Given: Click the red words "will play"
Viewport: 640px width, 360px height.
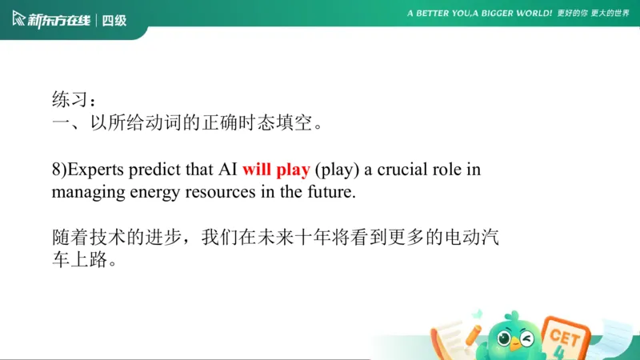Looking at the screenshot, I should (x=276, y=170).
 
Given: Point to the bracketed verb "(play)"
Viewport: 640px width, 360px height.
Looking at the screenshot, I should (x=336, y=170).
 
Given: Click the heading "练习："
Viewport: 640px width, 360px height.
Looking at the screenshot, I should (x=74, y=101).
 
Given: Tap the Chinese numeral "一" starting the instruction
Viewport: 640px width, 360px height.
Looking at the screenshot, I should (x=61, y=124).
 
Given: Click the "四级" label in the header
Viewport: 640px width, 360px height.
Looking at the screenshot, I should (x=114, y=20).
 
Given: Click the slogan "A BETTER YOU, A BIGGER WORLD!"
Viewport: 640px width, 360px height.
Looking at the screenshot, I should (x=479, y=14).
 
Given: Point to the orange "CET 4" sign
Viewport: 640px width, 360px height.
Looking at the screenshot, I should (x=564, y=337).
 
